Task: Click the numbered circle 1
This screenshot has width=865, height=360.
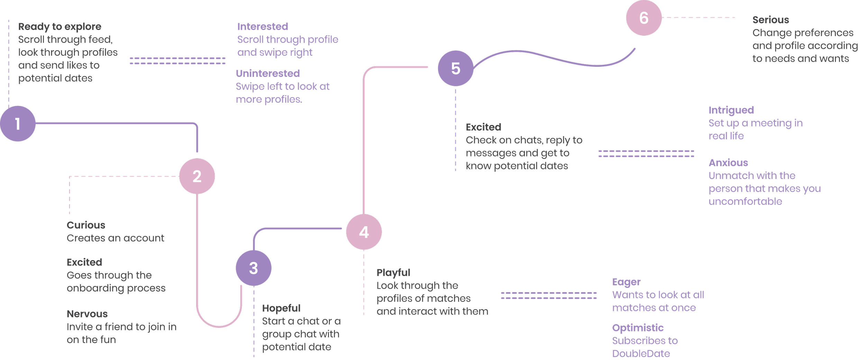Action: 18,124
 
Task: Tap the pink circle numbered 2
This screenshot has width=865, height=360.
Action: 197,176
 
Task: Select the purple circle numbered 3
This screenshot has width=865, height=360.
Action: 254,268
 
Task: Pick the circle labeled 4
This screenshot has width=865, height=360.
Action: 364,232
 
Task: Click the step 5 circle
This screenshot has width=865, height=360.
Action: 456,68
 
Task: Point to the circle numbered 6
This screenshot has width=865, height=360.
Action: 644,18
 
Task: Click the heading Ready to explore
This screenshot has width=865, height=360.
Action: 60,27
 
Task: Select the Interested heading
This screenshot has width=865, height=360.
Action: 263,27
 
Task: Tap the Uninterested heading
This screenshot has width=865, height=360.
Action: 268,73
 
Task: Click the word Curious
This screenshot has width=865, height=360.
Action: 86,225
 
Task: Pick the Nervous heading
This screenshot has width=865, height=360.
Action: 87,314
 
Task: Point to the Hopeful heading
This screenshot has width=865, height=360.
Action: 281,308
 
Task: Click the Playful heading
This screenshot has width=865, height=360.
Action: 393,272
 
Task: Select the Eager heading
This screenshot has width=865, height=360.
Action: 626,282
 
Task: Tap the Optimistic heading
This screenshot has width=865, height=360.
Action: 638,328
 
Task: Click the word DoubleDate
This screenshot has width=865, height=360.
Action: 641,353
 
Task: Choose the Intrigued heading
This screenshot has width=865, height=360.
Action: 731,110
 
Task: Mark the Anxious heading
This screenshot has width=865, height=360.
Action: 728,163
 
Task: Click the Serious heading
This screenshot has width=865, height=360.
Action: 771,20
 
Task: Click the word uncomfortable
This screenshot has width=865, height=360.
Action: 745,201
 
